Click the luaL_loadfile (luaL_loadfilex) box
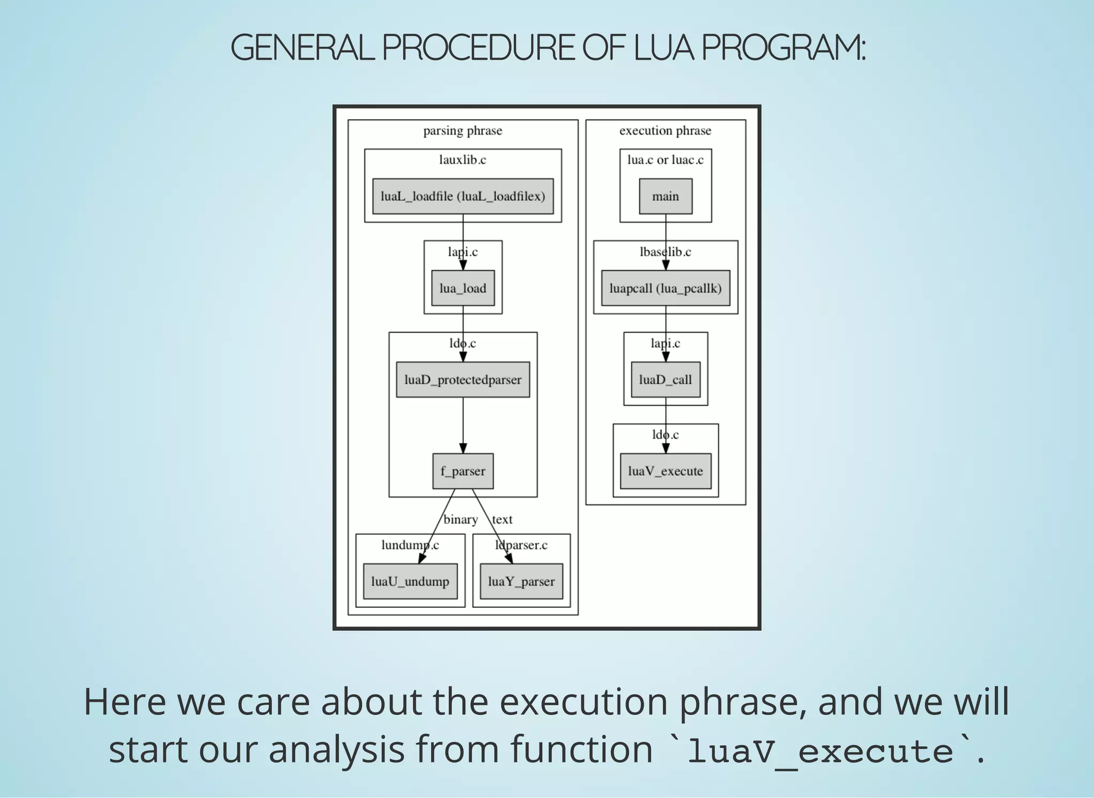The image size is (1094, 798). coord(463,196)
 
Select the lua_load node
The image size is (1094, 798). coord(463,288)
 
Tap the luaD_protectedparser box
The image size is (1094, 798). coord(463,379)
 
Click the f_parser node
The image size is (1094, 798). coord(463,471)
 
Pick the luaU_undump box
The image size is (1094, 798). coord(410,581)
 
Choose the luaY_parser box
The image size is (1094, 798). coord(521,581)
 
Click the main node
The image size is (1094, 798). coord(665,196)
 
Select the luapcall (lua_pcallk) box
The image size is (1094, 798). coord(665,288)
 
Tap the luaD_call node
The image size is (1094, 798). coord(665,379)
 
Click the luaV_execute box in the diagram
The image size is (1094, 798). coord(665,471)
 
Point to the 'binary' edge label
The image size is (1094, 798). coord(460,519)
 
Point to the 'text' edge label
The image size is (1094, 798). coord(502,519)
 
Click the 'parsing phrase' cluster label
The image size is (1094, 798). coord(463,130)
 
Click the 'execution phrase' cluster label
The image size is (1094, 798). coord(665,130)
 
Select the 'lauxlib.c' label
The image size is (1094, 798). coord(463,160)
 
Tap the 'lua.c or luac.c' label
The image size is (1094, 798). coord(665,160)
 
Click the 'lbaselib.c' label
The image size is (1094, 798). coord(665,252)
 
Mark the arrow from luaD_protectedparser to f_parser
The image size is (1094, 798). coord(463,425)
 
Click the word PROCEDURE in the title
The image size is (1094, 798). coord(478,48)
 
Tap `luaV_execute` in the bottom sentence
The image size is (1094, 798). coord(819,751)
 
